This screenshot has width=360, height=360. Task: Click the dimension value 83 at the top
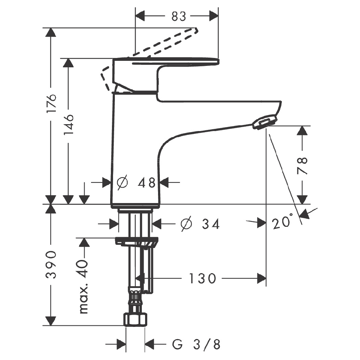click(x=179, y=16)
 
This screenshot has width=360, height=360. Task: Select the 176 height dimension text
click(x=51, y=103)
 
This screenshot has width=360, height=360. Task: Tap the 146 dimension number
click(x=69, y=124)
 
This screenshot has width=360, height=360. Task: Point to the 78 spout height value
click(x=302, y=166)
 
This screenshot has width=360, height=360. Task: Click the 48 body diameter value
click(x=147, y=183)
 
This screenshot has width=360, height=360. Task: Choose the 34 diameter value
click(x=211, y=224)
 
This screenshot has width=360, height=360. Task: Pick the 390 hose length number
click(x=51, y=265)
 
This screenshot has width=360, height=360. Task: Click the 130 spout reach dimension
click(x=202, y=278)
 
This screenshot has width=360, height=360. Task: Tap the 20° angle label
click(x=282, y=221)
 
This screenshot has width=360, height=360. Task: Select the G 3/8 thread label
click(x=196, y=345)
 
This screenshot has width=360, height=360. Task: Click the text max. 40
click(x=84, y=287)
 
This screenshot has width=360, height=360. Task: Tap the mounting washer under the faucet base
click(x=136, y=242)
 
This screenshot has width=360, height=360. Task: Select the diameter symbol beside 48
click(x=122, y=183)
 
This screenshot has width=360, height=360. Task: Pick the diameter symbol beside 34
click(x=186, y=224)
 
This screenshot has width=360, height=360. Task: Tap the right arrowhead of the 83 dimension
click(x=214, y=16)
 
